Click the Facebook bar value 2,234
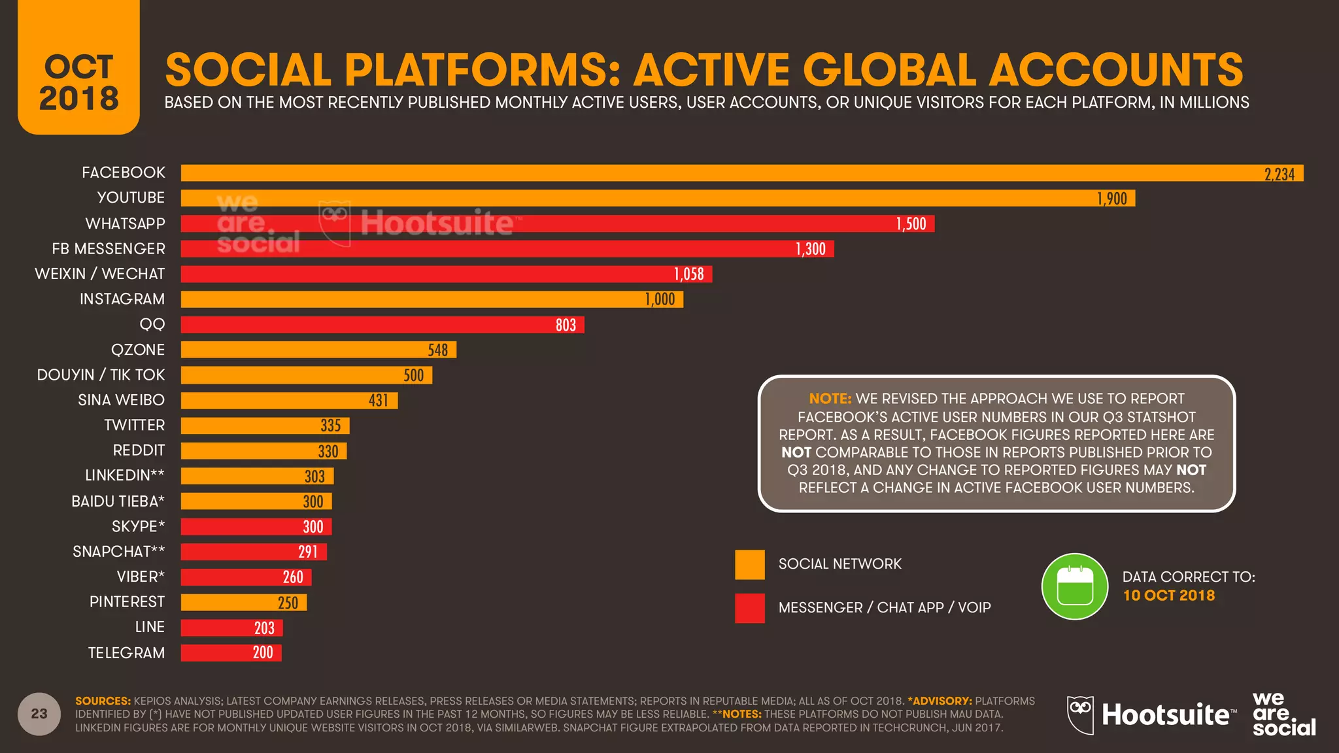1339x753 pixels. click(1279, 174)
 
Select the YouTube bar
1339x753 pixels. click(657, 198)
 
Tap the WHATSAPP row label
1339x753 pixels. click(125, 224)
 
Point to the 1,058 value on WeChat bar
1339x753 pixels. click(688, 274)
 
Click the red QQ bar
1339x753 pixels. click(382, 325)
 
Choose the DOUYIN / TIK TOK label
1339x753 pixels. click(101, 375)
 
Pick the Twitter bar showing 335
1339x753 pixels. click(265, 426)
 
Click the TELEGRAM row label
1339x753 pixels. click(126, 652)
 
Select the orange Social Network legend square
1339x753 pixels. click(749, 564)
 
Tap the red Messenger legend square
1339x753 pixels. click(749, 608)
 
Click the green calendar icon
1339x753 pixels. click(1074, 586)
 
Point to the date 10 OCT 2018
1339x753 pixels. click(1168, 595)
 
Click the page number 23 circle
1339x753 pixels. click(39, 714)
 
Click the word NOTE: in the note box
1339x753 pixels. click(830, 399)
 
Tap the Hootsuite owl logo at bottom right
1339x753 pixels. click(1080, 714)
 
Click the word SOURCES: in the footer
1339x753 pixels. click(103, 701)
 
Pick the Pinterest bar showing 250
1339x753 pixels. click(243, 602)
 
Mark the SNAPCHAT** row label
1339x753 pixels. click(118, 552)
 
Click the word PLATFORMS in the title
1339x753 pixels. click(482, 70)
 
